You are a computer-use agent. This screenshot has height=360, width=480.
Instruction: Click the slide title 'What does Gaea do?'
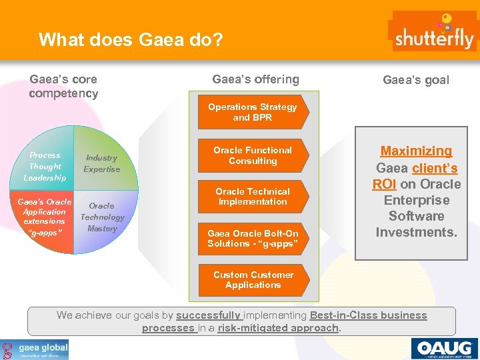click(130, 40)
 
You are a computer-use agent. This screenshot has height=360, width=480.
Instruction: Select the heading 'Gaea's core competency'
click(63, 87)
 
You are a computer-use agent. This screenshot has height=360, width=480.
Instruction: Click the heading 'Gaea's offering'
click(255, 80)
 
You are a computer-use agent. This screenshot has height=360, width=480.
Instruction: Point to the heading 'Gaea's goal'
click(415, 81)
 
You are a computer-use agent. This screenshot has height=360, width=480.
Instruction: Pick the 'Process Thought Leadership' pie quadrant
click(45, 166)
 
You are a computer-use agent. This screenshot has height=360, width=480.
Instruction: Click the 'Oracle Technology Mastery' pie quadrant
click(101, 217)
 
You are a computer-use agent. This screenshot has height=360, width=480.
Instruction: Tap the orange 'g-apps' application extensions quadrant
click(45, 217)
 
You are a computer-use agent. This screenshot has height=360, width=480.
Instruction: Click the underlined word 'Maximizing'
click(416, 151)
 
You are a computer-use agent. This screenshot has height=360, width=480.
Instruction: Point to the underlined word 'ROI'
click(385, 184)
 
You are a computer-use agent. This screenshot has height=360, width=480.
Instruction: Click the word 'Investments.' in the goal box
click(416, 232)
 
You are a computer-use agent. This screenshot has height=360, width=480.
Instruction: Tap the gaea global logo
click(35, 349)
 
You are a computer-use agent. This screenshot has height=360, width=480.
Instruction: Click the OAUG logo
click(444, 349)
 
